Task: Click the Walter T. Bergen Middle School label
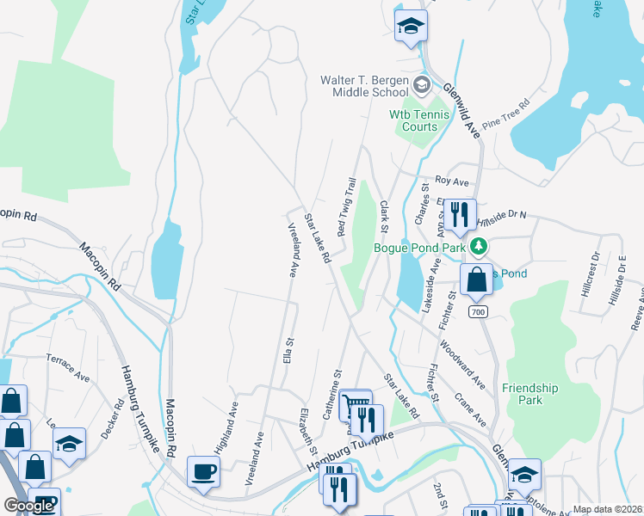[x=364, y=85]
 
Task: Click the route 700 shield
[x=479, y=310]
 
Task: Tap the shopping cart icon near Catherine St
[x=356, y=405]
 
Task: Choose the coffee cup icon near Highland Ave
[x=203, y=471]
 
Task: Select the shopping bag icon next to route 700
[x=476, y=279]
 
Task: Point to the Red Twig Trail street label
[x=346, y=207]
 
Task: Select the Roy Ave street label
[x=451, y=181]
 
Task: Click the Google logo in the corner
[x=28, y=506]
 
